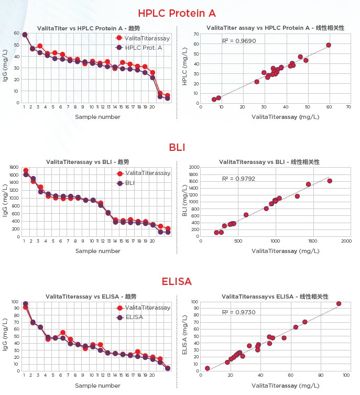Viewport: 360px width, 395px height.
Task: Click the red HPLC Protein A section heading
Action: (x=177, y=13)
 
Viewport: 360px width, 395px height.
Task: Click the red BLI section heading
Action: (x=177, y=148)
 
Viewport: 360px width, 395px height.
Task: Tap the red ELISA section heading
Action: (x=177, y=282)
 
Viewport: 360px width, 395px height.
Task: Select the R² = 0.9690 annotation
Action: (x=239, y=40)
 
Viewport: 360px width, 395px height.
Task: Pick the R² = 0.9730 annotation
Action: (x=239, y=312)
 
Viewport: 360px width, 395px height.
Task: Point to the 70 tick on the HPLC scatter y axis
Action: (x=195, y=34)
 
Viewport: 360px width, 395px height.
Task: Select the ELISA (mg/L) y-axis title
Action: (x=184, y=336)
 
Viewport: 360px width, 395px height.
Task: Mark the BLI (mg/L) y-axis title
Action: (x=184, y=203)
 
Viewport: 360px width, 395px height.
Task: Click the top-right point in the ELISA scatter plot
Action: (x=339, y=303)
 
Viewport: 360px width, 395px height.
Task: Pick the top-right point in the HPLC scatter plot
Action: (x=329, y=45)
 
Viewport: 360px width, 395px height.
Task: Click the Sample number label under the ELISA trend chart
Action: (x=98, y=386)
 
